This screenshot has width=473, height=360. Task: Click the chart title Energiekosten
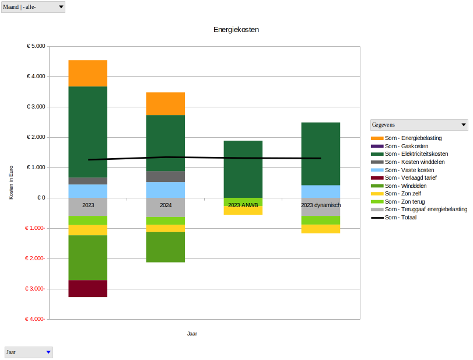tap(236, 29)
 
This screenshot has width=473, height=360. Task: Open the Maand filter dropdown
tap(61, 7)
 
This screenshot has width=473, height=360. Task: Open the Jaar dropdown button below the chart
tap(48, 352)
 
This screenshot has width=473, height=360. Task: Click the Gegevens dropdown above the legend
tap(464, 125)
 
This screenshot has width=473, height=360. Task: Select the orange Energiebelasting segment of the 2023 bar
tap(87, 73)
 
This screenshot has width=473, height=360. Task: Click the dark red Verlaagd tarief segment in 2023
tap(87, 288)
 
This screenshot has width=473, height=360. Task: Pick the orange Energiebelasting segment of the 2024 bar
tap(165, 103)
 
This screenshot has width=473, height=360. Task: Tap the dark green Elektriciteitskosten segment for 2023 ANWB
tap(243, 169)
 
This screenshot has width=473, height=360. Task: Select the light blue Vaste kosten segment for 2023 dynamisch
tap(320, 191)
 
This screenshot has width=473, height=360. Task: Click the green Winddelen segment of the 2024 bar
tap(165, 247)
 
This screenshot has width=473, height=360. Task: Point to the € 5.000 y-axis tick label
tap(36, 46)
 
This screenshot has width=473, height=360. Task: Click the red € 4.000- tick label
tap(35, 319)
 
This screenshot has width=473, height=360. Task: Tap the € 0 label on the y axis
tap(41, 198)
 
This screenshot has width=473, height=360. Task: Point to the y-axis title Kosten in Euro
tap(11, 182)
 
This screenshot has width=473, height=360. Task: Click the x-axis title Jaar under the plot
tap(192, 334)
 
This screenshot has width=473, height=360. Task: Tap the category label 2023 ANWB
tap(243, 205)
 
